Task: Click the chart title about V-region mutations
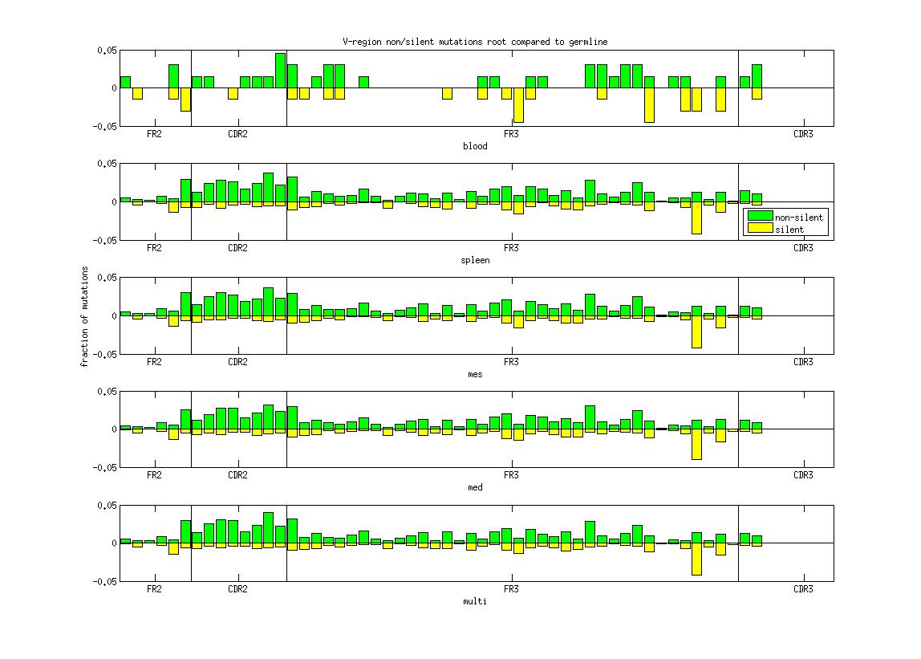[x=475, y=42]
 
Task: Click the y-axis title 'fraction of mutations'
[x=84, y=316]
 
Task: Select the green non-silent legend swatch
[x=760, y=216]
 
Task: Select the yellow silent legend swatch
[x=760, y=229]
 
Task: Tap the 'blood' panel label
[x=475, y=146]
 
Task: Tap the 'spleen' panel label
[x=475, y=260]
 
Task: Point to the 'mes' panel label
[x=475, y=374]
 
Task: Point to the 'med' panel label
[x=475, y=487]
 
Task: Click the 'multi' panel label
[x=475, y=601]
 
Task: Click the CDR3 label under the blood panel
[x=802, y=134]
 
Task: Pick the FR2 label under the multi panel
[x=154, y=589]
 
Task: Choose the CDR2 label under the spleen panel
[x=237, y=248]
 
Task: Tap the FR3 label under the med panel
[x=510, y=475]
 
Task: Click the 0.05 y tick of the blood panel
[x=107, y=51]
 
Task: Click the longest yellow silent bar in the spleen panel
[x=696, y=218]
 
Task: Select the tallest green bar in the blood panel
[x=280, y=70]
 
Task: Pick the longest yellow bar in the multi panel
[x=696, y=559]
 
